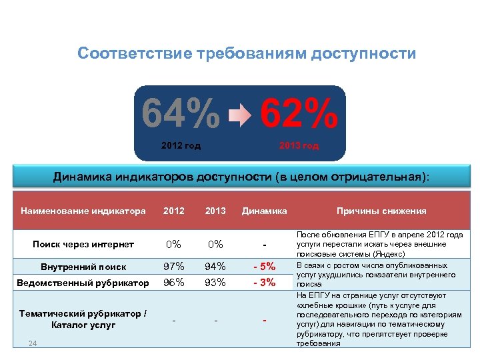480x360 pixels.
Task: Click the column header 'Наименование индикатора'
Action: (x=83, y=211)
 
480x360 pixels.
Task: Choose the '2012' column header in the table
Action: (x=174, y=211)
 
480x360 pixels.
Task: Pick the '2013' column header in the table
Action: (x=215, y=211)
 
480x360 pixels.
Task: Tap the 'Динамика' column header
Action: (x=265, y=211)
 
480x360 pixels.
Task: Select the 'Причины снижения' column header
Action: (x=381, y=211)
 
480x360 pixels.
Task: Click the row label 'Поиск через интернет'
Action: (x=83, y=245)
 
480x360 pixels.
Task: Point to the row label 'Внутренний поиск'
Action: (x=83, y=267)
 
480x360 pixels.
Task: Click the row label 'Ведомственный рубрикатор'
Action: (x=84, y=283)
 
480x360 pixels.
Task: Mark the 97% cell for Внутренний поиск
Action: (x=174, y=267)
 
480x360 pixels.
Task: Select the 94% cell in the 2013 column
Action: (x=215, y=267)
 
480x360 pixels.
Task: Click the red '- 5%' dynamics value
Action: (x=265, y=267)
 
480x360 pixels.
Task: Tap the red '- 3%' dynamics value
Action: (x=265, y=282)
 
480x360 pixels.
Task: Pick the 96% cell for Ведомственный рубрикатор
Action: (x=174, y=282)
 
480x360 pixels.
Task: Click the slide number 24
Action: (x=33, y=344)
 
